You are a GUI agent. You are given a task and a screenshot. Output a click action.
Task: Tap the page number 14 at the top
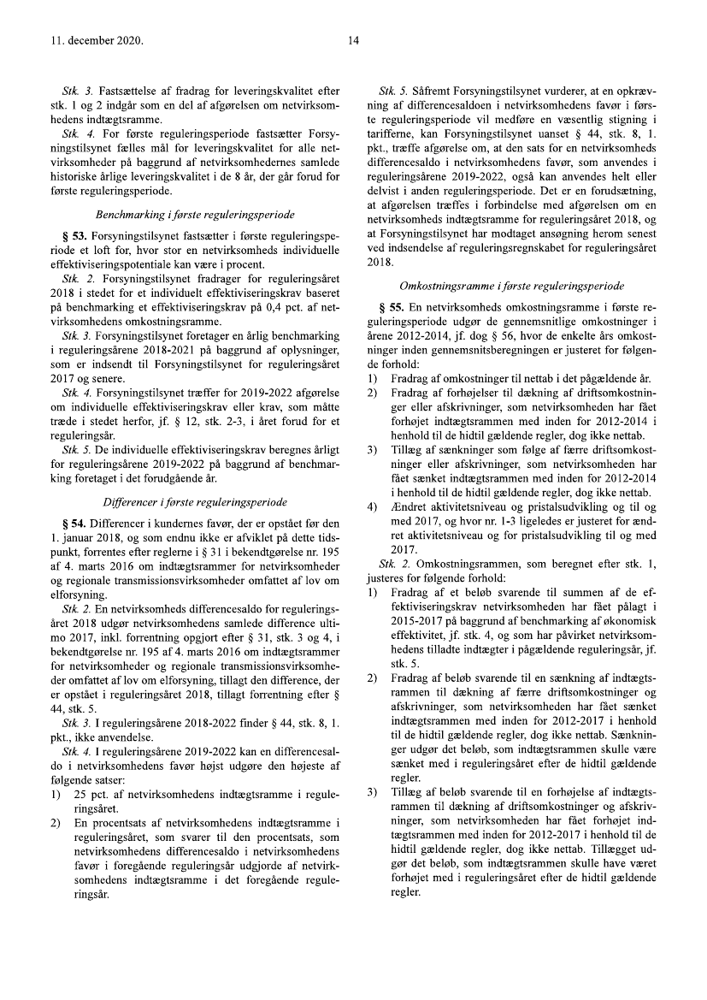click(353, 40)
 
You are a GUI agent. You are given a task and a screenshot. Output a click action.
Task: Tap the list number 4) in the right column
click(372, 506)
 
